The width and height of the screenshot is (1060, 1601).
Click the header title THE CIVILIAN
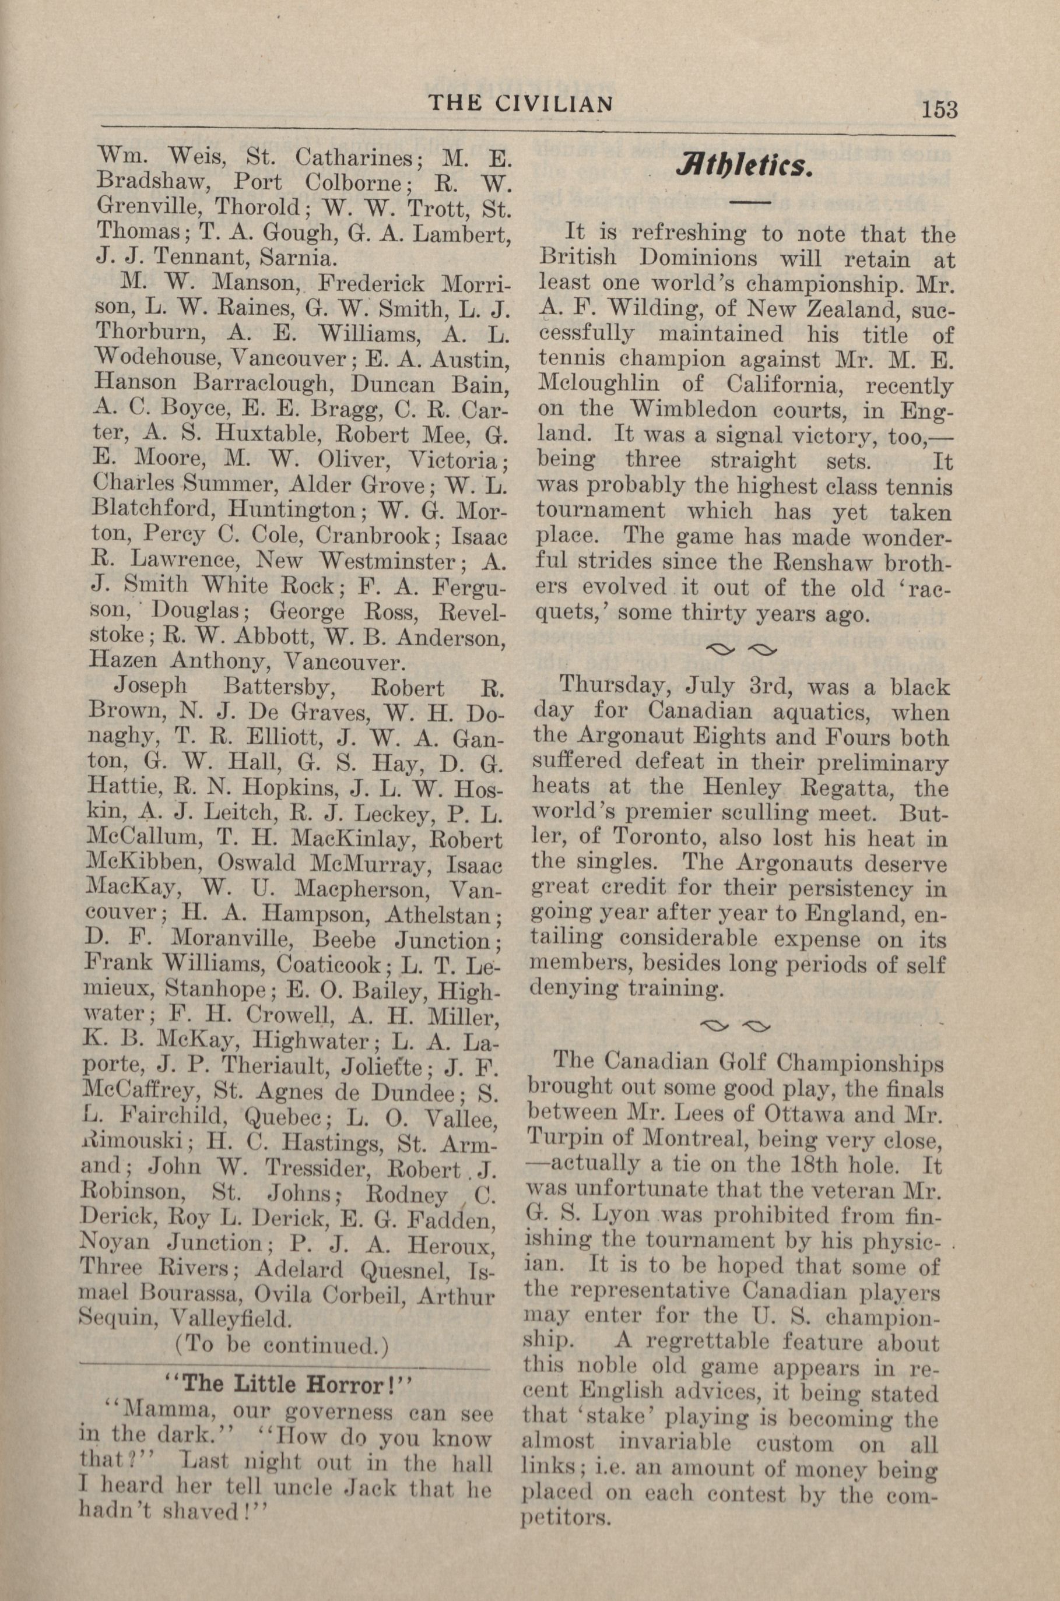(x=521, y=103)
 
